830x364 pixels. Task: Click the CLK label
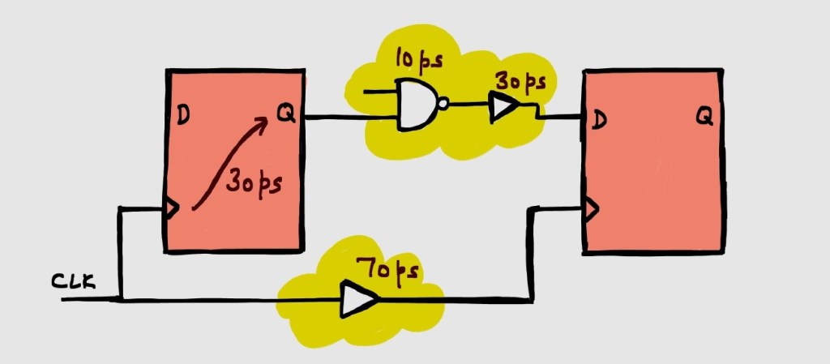coord(74,282)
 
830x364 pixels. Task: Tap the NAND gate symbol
coord(415,105)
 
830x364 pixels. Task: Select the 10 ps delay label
coord(418,59)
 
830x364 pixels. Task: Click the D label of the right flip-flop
coord(599,121)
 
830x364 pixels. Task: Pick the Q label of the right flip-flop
coord(704,118)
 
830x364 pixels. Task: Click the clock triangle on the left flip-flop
coord(171,209)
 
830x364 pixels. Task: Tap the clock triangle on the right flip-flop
coord(591,210)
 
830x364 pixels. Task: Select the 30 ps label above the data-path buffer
coord(520,83)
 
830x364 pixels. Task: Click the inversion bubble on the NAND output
coord(442,104)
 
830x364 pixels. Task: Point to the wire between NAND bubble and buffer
coord(468,105)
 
